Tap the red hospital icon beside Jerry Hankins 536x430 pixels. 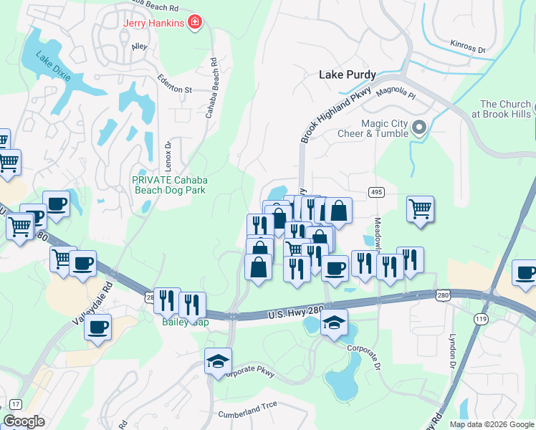(x=193, y=24)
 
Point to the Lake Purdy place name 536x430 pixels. (x=348, y=74)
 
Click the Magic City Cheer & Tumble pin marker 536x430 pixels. (x=420, y=128)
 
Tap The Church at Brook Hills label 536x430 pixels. (x=505, y=109)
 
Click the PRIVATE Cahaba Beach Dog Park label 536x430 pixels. (x=168, y=185)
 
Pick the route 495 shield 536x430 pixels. (x=375, y=192)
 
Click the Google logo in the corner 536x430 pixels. (x=24, y=421)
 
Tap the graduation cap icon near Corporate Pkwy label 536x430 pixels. (x=218, y=360)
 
